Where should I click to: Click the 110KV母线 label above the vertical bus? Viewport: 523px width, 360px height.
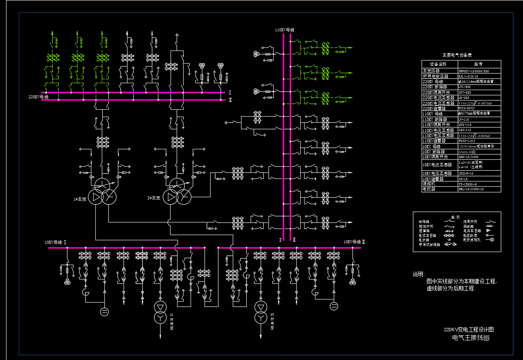tap(285, 30)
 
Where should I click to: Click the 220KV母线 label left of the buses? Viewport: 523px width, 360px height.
tap(38, 97)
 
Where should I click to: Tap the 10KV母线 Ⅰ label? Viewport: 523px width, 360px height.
tap(55, 242)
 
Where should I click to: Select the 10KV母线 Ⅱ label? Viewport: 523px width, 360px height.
tap(354, 242)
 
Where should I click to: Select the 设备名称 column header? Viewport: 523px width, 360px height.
tap(438, 64)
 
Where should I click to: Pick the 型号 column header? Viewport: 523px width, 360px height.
tap(478, 64)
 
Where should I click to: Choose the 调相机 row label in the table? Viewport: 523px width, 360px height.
tap(429, 184)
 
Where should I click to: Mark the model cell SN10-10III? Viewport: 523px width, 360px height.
tap(467, 151)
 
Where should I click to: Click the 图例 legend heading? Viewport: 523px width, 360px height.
tap(455, 216)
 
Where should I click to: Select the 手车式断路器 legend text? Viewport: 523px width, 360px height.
tap(429, 245)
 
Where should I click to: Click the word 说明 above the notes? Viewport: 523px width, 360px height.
tap(419, 274)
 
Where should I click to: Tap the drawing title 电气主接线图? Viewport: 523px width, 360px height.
tap(471, 337)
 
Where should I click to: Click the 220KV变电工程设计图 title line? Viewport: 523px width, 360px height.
tap(469, 330)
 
